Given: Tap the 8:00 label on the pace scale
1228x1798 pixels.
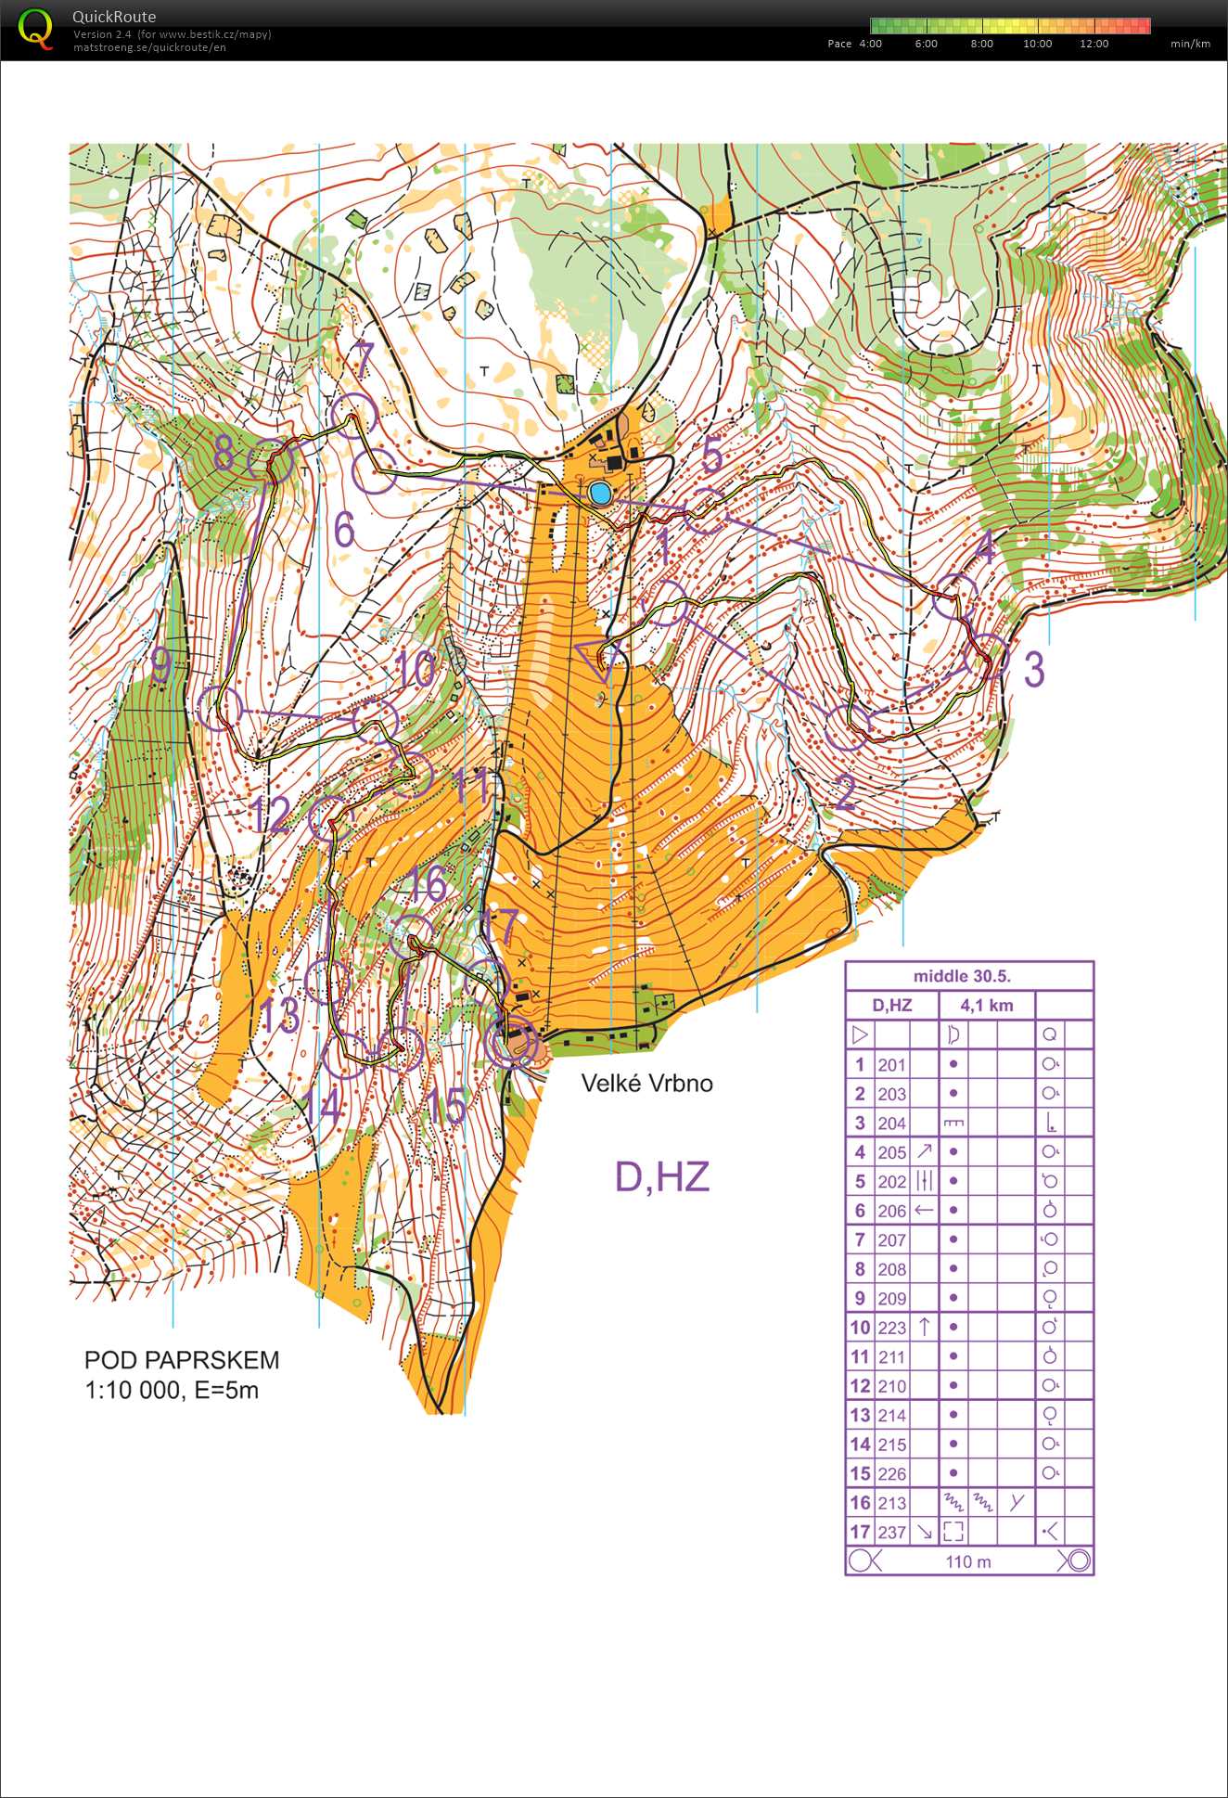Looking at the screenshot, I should coord(981,44).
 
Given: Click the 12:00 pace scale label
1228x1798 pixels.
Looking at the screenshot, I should coord(1094,44).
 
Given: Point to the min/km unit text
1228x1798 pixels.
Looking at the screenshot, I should coord(1190,44).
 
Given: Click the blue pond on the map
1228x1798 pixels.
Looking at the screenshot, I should coord(600,493).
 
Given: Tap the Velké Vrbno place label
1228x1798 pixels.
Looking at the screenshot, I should coord(646,1083).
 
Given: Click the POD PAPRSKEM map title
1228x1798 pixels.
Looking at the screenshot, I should coord(182,1360).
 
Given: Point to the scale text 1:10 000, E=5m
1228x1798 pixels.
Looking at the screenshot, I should coord(172,1390).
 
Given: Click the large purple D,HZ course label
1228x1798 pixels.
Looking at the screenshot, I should coord(662,1176).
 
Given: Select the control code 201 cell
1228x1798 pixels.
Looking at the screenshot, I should coord(891,1065).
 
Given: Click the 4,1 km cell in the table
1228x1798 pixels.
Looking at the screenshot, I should coord(986,1005).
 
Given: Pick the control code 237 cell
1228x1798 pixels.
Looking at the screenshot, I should coord(891,1532).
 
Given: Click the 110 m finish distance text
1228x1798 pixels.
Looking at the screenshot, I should coord(968,1561).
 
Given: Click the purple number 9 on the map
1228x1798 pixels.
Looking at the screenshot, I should coord(161,665).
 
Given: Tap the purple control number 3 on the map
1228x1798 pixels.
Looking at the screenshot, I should coord(1033,669).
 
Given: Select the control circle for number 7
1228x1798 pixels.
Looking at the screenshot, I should coord(353,415).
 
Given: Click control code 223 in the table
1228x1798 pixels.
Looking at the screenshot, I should coord(891,1328).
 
